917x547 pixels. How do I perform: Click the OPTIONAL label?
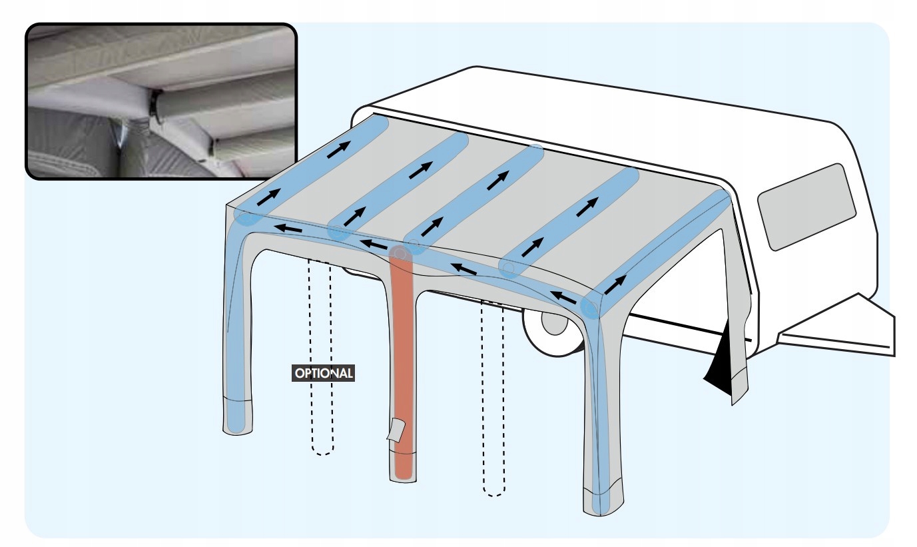(324, 373)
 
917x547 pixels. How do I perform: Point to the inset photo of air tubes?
(160, 101)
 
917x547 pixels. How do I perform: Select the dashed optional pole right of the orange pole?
(493, 400)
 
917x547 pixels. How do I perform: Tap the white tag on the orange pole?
(395, 430)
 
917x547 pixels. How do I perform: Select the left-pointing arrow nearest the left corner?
(289, 230)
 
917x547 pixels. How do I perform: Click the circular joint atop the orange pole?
(400, 254)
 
